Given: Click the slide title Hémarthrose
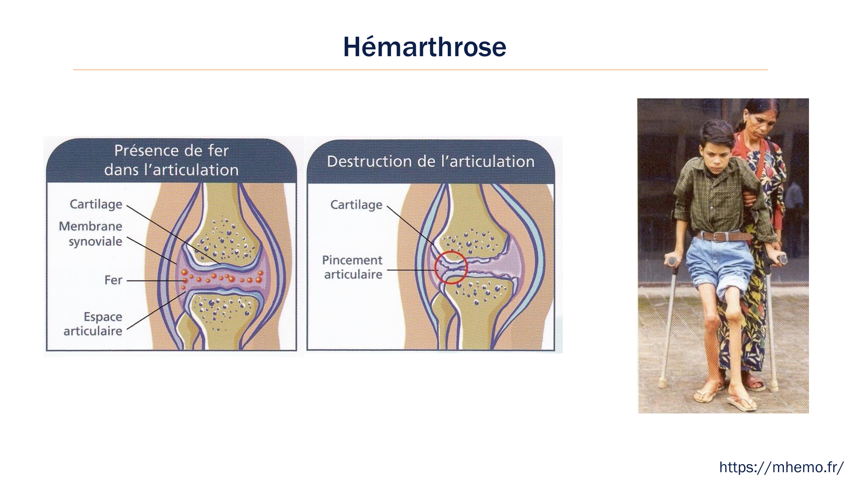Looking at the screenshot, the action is tap(425, 46).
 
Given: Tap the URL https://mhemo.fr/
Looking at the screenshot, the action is tap(781, 467).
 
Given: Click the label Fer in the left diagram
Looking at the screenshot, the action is tap(113, 280).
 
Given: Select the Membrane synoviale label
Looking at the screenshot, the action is tap(91, 234).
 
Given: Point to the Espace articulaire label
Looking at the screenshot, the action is tap(93, 324).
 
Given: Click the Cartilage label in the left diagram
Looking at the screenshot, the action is tap(96, 204).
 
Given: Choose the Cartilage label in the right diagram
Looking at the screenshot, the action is tap(357, 205).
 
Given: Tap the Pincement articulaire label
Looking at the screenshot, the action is tap(352, 267).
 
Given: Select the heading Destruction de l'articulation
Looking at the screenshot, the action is tap(431, 161).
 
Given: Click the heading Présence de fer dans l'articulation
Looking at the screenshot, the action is tap(171, 160).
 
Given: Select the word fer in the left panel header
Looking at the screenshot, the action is tap(219, 151).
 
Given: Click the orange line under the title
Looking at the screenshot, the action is tap(420, 70).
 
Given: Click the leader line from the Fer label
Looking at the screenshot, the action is tap(155, 281).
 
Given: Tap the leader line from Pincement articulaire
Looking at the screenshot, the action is tap(412, 270).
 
